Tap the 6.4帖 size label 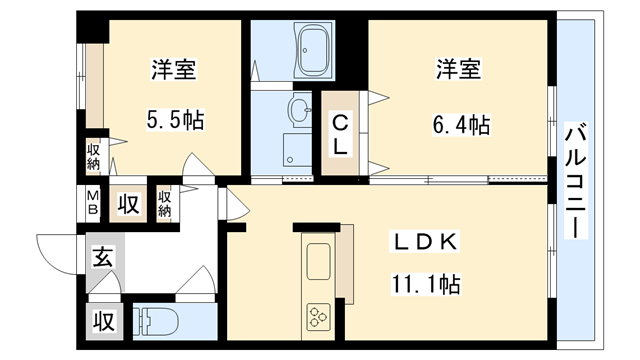coord(459,125)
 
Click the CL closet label coord(341,133)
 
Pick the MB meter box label coord(92,203)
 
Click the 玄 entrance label coord(102,258)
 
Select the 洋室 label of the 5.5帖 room coord(173,70)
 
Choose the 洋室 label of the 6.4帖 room coord(459,70)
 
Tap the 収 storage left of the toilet coord(103,322)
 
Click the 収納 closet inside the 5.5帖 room coord(93,158)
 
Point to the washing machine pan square coord(297,150)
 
